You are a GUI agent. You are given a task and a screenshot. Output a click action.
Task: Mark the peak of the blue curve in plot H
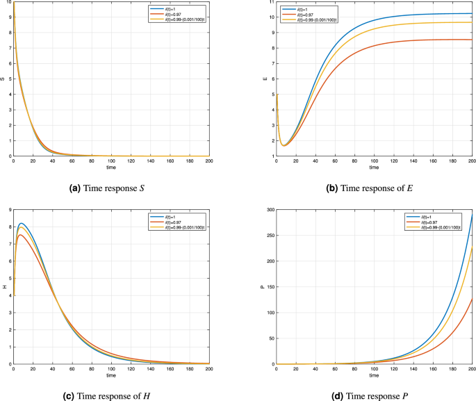(x=22, y=223)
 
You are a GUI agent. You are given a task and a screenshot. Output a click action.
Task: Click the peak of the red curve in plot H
(x=21, y=234)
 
